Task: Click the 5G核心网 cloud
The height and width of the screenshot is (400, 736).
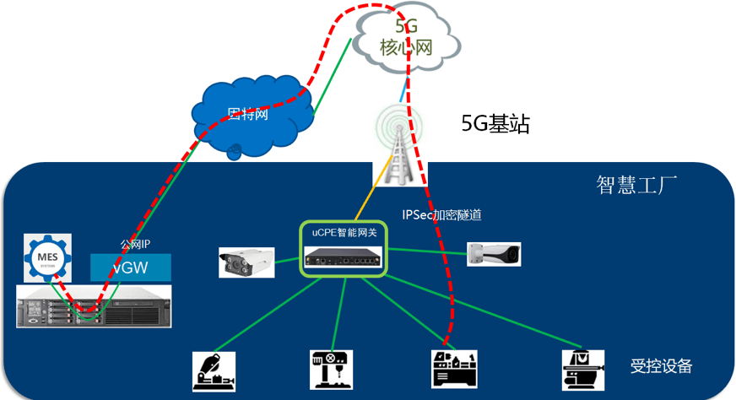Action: point(407,37)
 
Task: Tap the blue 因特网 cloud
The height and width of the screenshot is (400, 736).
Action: point(248,115)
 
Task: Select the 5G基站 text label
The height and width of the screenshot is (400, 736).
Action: point(495,125)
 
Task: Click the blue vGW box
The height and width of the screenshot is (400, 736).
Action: point(131,268)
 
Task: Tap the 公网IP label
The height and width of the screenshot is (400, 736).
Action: point(135,245)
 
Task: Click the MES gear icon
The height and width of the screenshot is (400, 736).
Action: point(44,255)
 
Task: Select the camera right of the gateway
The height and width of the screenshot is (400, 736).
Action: point(494,253)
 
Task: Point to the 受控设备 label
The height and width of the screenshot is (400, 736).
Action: point(661,366)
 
